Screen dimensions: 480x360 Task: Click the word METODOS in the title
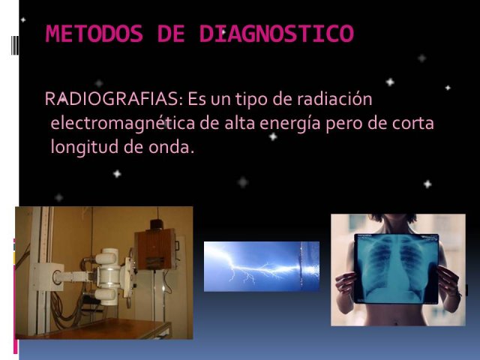click(x=94, y=33)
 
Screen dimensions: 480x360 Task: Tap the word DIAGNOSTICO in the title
click(x=277, y=33)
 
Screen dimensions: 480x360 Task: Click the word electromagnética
click(x=123, y=124)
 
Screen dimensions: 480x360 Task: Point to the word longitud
click(x=85, y=147)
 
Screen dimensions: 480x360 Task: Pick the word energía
click(x=290, y=124)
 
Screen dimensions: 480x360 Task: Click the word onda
click(x=172, y=147)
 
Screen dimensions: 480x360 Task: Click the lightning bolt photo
click(x=262, y=266)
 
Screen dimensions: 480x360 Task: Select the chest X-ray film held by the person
click(x=396, y=268)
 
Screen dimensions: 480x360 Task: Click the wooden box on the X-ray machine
click(x=156, y=249)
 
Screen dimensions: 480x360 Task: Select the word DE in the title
click(x=171, y=33)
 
